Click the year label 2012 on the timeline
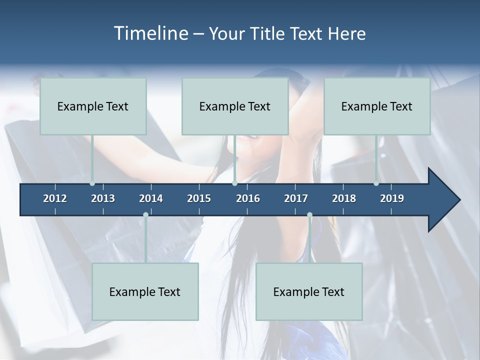click(55, 198)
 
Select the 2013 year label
click(103, 198)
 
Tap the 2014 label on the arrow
click(151, 198)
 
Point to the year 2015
click(199, 198)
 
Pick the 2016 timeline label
click(248, 198)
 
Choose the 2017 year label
click(296, 198)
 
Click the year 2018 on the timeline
click(344, 198)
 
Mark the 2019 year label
click(392, 198)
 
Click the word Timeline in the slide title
click(150, 33)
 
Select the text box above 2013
click(93, 106)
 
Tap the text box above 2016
click(235, 106)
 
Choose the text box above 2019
click(377, 106)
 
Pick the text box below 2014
click(145, 291)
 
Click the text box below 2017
click(309, 291)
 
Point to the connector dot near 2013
click(92, 183)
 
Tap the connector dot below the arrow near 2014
click(145, 214)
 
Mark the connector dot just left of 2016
click(234, 183)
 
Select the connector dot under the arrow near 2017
click(309, 214)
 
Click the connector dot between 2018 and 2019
click(376, 183)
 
